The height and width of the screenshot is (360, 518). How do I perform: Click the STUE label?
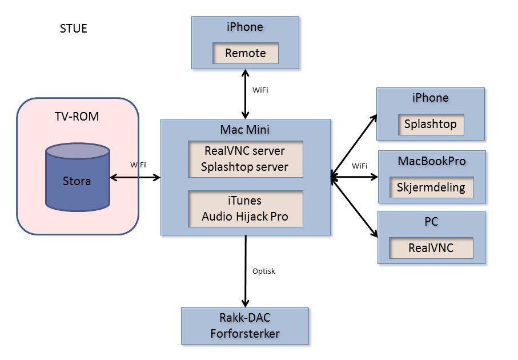73,29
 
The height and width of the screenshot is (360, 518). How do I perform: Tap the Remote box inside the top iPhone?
246,53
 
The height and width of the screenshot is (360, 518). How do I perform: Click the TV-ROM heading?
77,117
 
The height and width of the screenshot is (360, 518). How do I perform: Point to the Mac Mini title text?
245,130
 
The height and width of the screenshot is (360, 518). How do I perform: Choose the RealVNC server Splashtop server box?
246,159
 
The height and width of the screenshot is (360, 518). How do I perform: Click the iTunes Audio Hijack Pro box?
246,209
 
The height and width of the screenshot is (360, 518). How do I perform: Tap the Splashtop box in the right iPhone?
431,124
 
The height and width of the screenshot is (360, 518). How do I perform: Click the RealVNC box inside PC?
431,248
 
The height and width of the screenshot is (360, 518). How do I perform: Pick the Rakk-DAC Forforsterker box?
244,326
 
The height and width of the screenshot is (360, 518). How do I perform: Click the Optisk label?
264,271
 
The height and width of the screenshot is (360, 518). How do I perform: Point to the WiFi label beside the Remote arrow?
260,90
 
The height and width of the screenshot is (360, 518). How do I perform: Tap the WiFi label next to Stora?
138,165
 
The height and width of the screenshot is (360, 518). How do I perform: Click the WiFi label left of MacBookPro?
360,166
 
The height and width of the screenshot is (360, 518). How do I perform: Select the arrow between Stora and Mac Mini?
135,177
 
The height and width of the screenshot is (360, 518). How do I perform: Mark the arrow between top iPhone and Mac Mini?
246,94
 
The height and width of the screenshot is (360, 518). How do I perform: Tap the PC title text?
431,222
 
